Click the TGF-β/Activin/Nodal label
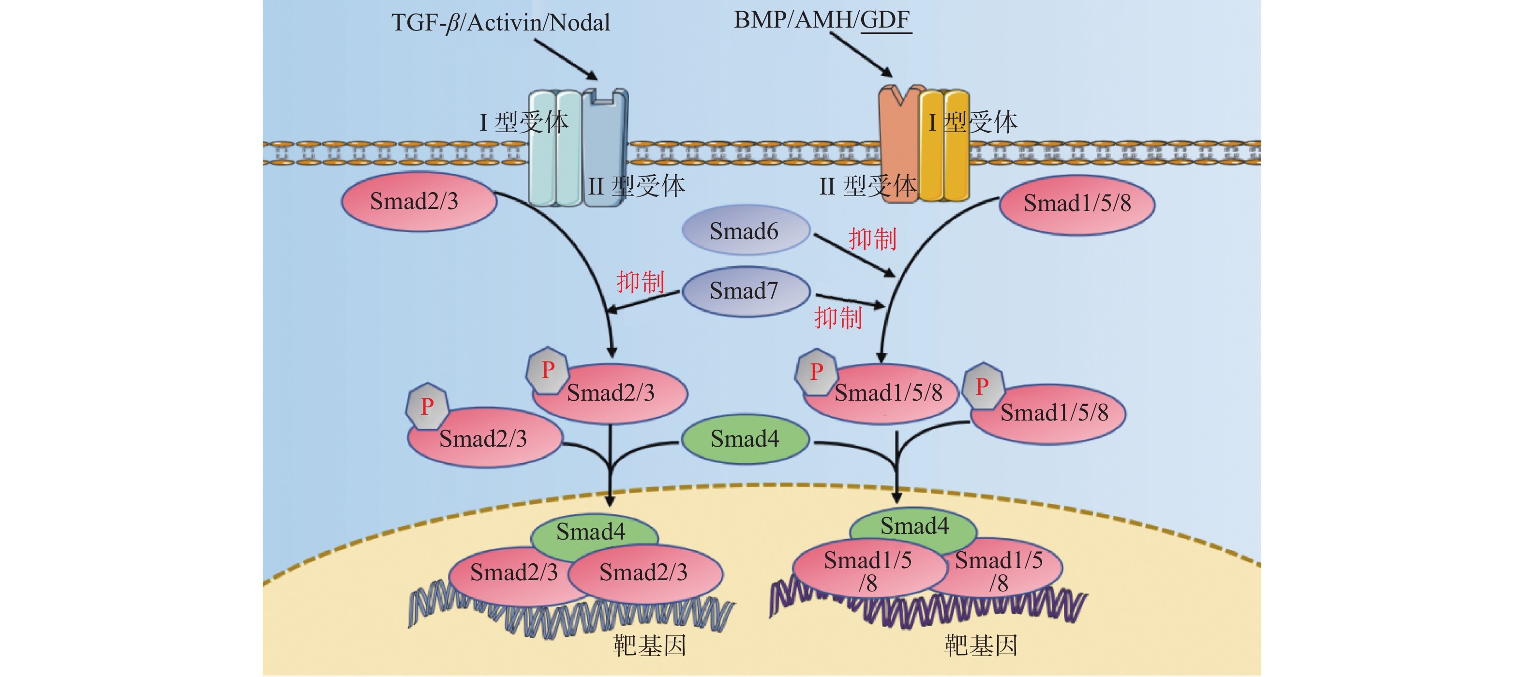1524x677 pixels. pyautogui.click(x=501, y=22)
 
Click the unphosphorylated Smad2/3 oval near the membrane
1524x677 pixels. pyautogui.click(x=417, y=201)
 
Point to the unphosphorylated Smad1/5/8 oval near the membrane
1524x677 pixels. pyautogui.click(x=1077, y=204)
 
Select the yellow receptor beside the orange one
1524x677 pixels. pyautogui.click(x=944, y=148)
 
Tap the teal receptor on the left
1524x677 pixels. pyautogui.click(x=554, y=148)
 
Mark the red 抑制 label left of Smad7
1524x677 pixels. pyautogui.click(x=640, y=282)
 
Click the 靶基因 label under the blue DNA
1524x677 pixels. pyautogui.click(x=649, y=645)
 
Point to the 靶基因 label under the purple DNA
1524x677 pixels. pyautogui.click(x=980, y=645)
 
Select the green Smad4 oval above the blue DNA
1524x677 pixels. pyautogui.click(x=592, y=531)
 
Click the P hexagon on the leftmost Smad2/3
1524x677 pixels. pyautogui.click(x=427, y=406)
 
